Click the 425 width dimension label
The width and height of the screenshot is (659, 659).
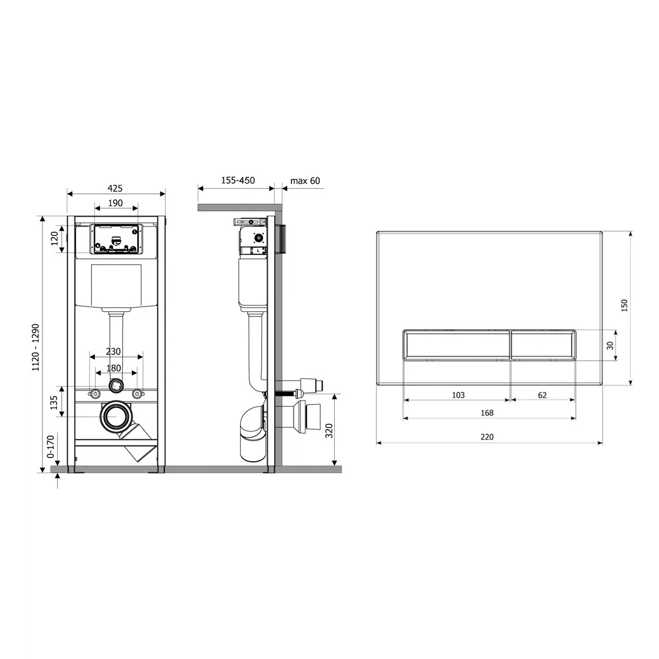click(x=115, y=188)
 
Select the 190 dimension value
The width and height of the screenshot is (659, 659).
click(x=115, y=203)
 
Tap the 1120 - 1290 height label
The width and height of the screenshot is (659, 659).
click(x=36, y=347)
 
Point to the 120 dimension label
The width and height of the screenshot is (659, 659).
click(x=55, y=239)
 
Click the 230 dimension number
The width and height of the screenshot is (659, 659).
click(x=113, y=351)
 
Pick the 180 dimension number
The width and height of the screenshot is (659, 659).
click(x=114, y=368)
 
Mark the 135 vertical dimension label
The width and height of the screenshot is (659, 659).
click(x=54, y=402)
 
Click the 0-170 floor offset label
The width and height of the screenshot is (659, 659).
click(x=51, y=447)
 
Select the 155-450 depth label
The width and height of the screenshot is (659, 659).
click(x=238, y=180)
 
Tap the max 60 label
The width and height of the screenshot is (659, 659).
click(x=305, y=181)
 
